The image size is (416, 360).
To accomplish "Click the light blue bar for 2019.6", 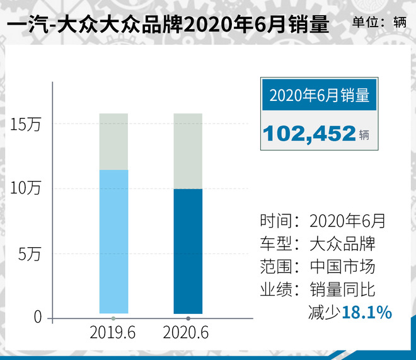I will tap(114, 241).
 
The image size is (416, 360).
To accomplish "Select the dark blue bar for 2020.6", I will tap(188, 250).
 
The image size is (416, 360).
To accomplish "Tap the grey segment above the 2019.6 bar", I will tap(114, 141).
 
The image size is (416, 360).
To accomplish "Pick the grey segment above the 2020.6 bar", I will tap(188, 151).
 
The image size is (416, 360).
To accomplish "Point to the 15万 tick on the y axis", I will tap(25, 125).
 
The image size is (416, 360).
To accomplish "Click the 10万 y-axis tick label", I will tap(25, 189).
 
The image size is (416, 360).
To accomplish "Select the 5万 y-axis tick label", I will tap(29, 254).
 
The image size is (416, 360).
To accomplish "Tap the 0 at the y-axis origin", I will tap(37, 318).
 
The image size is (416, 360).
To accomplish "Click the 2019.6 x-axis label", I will tap(114, 332).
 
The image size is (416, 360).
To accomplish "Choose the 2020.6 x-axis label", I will tap(187, 332).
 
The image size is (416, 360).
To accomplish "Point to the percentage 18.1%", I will tap(367, 311).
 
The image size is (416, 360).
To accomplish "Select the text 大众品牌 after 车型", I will tap(342, 244).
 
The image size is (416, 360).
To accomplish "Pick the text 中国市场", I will tap(342, 267).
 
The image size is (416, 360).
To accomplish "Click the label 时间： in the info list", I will tap(279, 221).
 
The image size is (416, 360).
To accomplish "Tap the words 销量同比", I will tap(342, 289).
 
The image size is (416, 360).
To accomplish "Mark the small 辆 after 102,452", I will tap(366, 134).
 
